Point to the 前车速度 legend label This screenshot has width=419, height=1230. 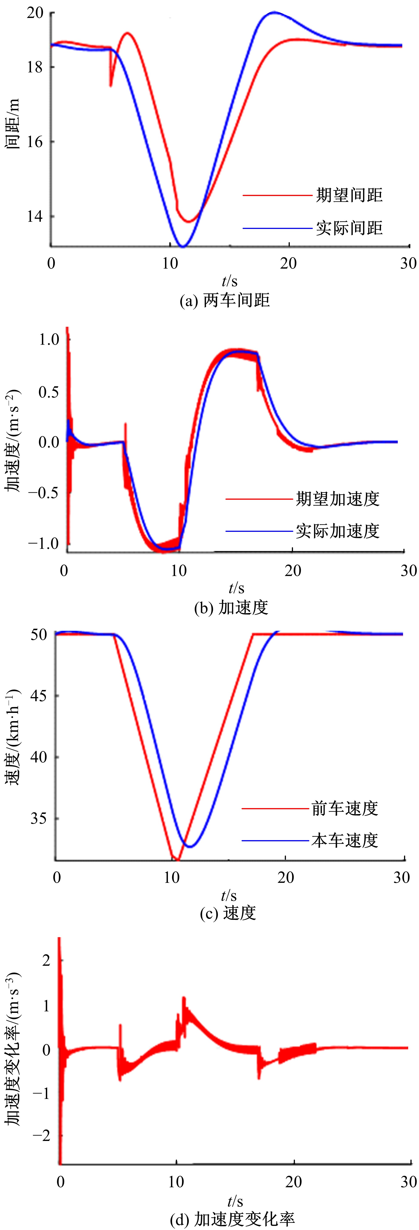[345, 808]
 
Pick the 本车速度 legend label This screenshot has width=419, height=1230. [345, 840]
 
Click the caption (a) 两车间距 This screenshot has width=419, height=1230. [224, 300]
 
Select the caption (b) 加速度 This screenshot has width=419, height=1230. [231, 607]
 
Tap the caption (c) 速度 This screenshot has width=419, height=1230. [228, 912]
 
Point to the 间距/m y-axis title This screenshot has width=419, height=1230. [13, 124]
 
